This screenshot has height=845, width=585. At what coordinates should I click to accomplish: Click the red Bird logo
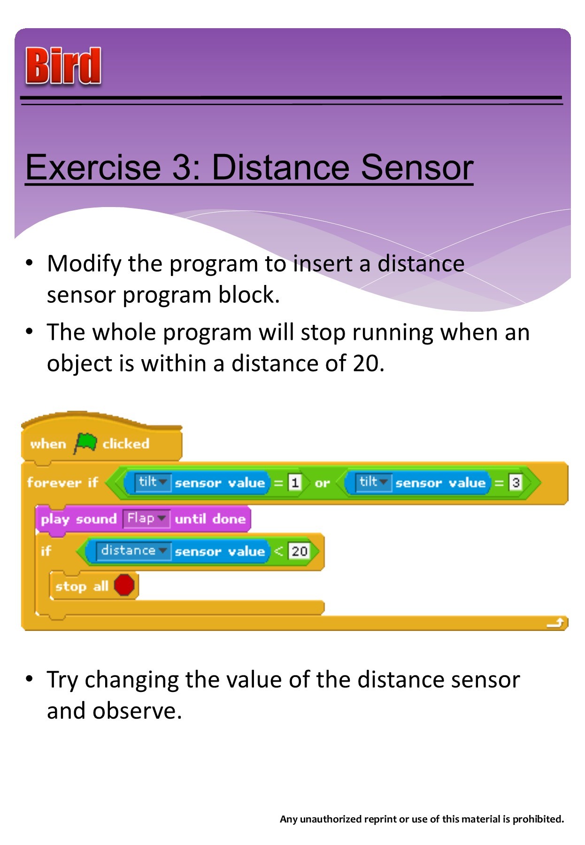63,66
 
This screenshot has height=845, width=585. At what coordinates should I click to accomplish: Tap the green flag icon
85,443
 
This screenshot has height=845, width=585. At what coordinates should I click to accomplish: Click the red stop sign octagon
124,585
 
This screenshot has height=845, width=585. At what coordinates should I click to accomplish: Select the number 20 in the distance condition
299,551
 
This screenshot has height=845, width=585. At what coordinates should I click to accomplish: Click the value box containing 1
294,483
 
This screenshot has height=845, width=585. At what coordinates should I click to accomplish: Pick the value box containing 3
516,483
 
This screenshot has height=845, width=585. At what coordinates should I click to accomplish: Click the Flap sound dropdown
146,519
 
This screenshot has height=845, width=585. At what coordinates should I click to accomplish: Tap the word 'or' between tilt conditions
322,483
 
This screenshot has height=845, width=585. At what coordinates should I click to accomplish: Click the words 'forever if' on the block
62,483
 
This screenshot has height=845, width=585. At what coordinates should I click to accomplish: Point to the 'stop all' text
82,586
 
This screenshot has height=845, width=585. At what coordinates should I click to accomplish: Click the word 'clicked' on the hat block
126,444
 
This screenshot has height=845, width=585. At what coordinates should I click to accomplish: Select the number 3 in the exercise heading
180,168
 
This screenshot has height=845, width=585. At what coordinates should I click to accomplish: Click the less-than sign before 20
279,551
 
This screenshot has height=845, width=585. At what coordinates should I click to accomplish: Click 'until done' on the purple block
210,519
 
